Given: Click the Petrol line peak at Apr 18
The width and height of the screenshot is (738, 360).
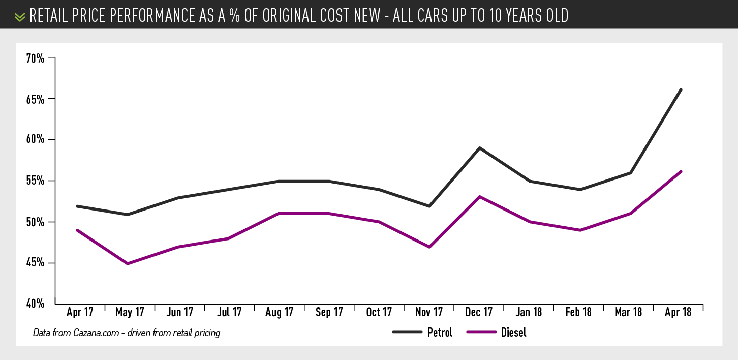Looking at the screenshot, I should coord(681,89).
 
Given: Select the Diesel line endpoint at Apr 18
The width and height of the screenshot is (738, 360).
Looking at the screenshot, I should coord(681,172).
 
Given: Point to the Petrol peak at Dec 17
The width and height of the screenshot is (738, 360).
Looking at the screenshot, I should coord(479,148).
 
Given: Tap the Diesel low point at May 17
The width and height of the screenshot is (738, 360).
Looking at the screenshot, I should coord(127,263).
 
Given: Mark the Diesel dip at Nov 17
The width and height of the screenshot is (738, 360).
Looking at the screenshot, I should coord(429,247).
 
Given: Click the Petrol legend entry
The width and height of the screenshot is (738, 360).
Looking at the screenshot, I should coord(439,333).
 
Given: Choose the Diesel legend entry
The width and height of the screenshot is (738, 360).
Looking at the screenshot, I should coord(513,333).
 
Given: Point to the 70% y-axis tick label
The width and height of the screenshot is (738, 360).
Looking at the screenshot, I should coord(36,58).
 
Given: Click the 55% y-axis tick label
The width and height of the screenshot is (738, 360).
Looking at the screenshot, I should coord(36,181).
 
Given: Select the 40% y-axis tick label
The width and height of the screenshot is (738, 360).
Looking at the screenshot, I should coord(36,304).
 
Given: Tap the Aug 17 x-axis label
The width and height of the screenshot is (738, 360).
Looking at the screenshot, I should coord(279,312).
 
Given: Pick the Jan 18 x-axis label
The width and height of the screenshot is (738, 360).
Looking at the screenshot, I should coord(529,312).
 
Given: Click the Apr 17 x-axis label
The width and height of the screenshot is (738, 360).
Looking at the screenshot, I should coord(80,312).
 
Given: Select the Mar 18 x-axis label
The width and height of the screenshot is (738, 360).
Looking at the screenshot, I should coord(628,312).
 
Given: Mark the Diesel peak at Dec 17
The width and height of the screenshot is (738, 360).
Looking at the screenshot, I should coord(479,197).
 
